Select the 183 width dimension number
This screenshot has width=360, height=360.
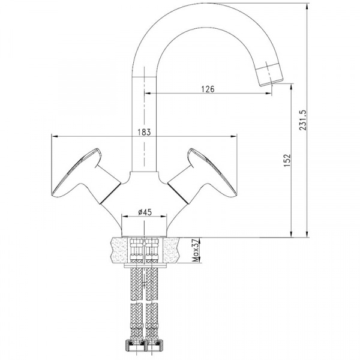click(143, 131)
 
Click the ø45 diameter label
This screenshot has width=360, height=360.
click(144, 211)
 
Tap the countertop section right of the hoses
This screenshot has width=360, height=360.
click(174, 249)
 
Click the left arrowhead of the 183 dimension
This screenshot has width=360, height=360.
click(55, 136)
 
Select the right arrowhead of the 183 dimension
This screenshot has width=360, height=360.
click(236, 136)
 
